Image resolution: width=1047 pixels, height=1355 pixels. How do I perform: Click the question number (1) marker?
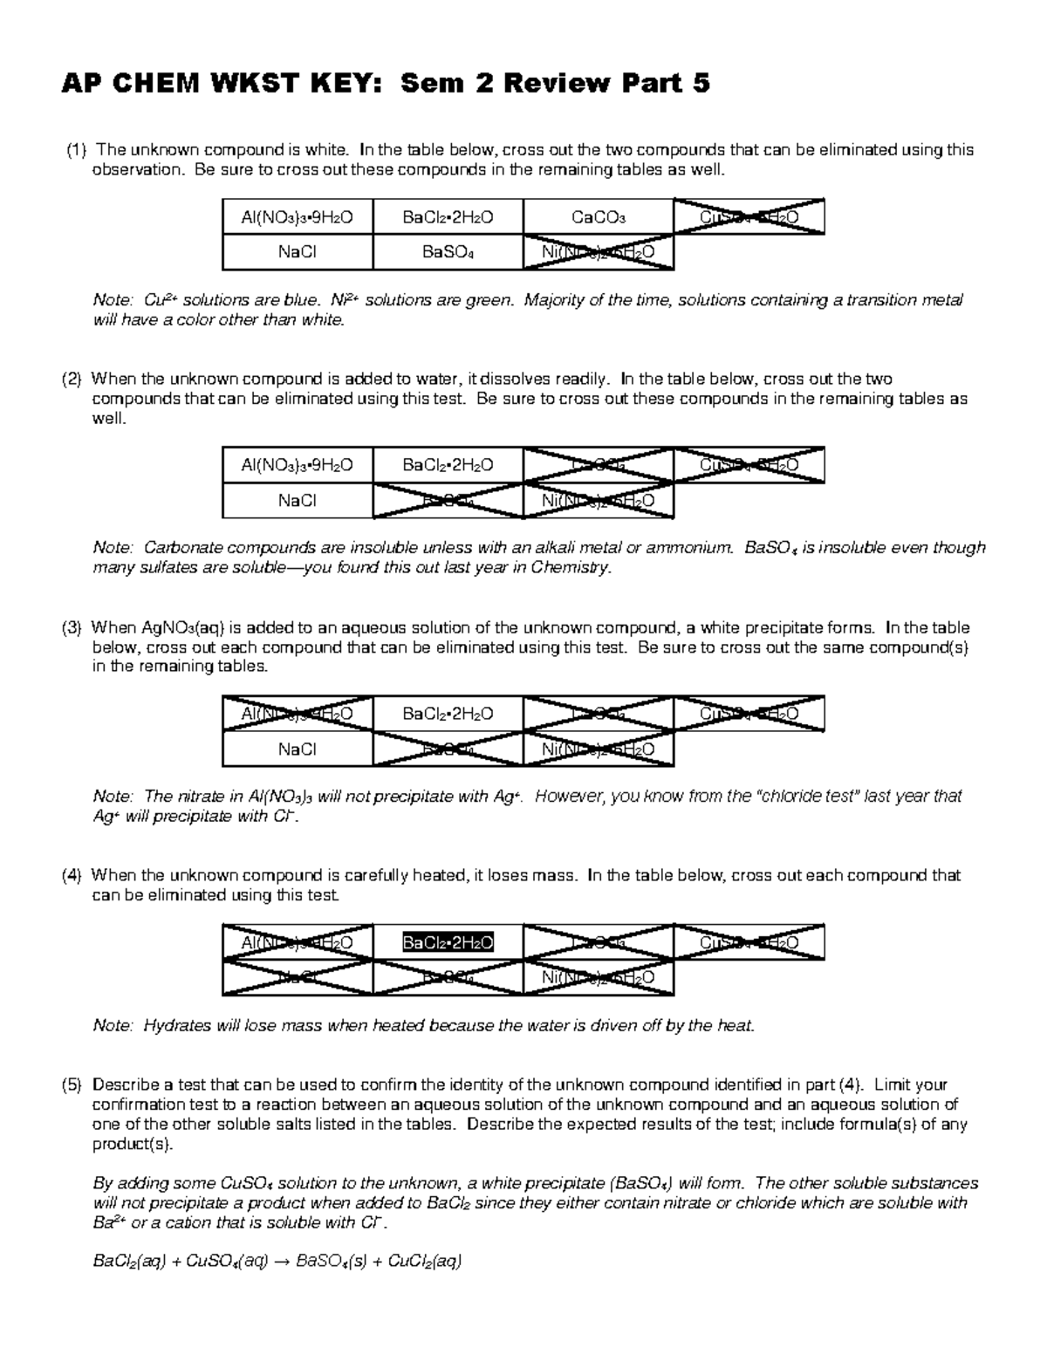[76, 150]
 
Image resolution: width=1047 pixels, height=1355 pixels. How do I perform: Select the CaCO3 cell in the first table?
[598, 217]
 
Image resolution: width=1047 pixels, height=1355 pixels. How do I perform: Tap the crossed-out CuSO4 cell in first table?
[749, 217]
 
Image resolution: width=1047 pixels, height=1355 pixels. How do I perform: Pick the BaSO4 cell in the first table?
[448, 253]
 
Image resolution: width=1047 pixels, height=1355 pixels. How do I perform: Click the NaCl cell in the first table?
[297, 253]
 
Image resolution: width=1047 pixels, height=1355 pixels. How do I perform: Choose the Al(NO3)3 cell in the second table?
[297, 465]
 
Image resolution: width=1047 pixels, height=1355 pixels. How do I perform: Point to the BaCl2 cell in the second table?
[448, 465]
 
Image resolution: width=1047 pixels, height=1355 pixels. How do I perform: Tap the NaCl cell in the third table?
[297, 749]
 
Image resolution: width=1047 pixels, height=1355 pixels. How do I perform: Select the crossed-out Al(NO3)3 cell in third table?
[297, 714]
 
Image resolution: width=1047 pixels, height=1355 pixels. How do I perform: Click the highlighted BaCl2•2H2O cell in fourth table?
[448, 942]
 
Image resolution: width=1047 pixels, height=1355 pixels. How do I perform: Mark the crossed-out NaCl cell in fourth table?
[297, 978]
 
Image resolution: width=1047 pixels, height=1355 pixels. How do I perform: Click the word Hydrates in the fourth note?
[176, 1026]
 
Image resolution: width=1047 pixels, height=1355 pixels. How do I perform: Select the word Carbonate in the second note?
[180, 548]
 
